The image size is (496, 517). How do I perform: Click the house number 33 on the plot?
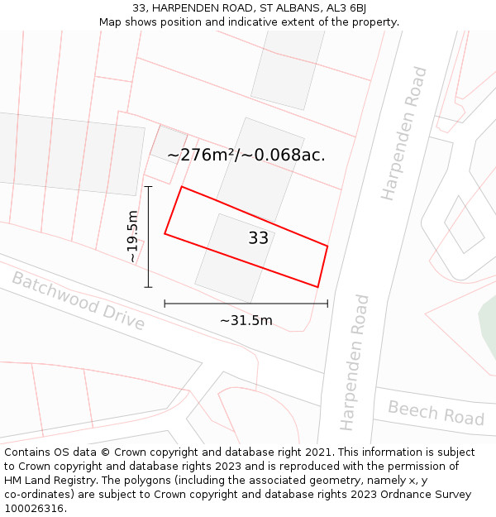click(259, 238)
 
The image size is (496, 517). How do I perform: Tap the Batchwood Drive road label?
click(78, 301)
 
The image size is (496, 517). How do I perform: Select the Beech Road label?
click(436, 413)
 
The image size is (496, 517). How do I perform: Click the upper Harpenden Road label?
click(403, 133)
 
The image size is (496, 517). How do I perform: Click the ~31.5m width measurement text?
click(246, 320)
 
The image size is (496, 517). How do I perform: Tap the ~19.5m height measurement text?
click(132, 237)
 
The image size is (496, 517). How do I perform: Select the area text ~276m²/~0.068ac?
click(246, 155)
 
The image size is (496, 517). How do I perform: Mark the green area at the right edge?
click(489, 331)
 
